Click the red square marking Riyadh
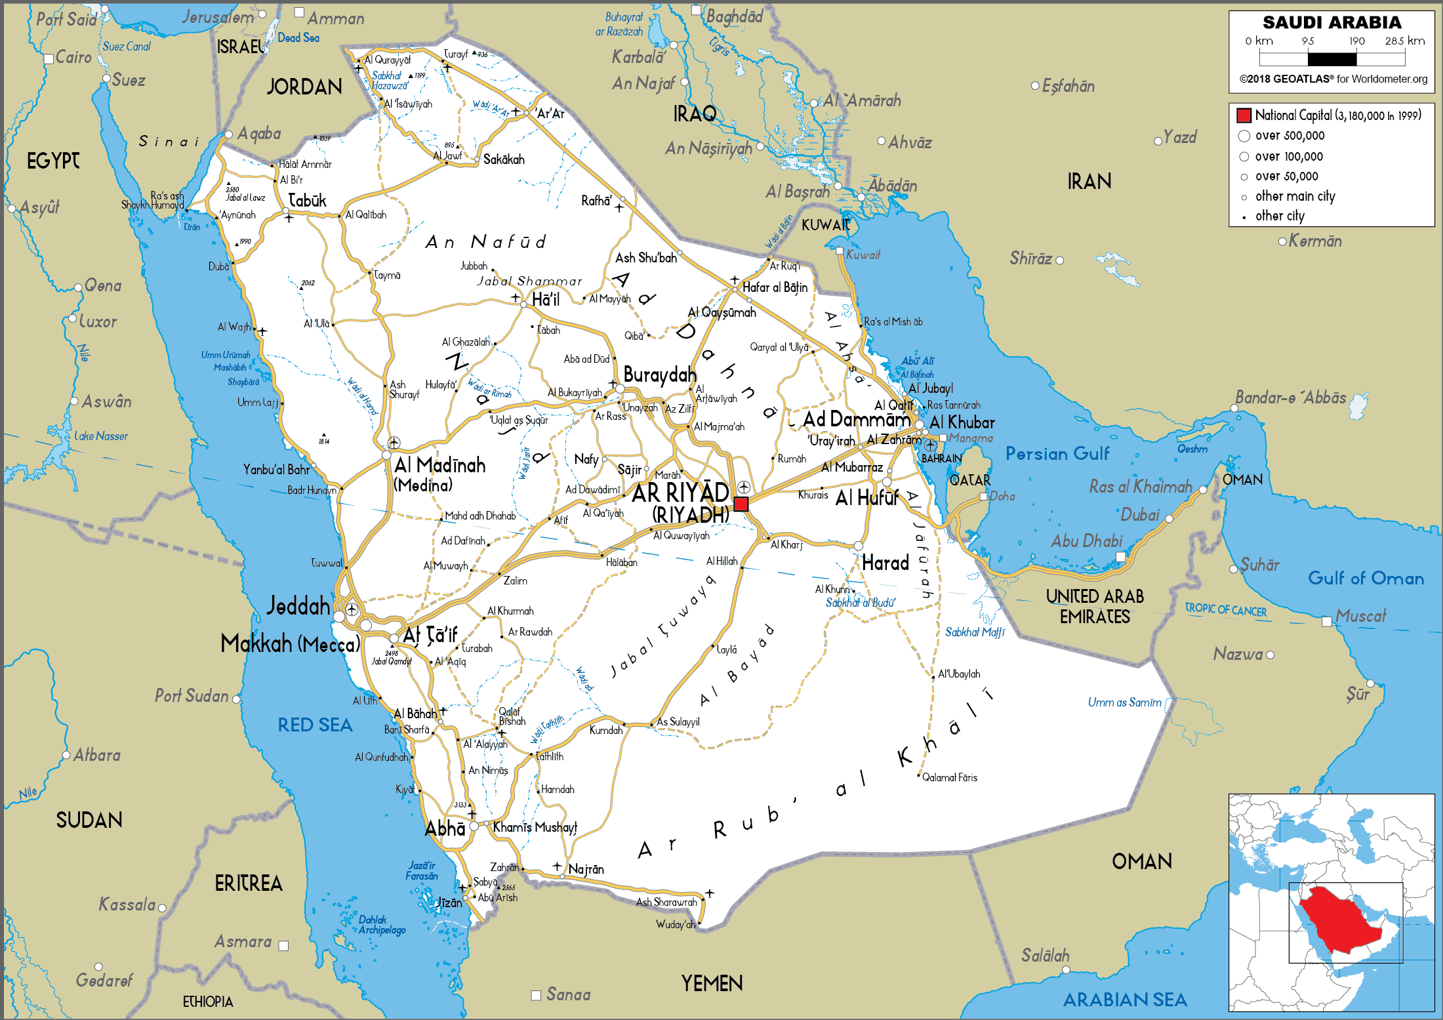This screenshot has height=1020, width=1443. point(741,504)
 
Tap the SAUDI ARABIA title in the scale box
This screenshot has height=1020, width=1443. point(1331,22)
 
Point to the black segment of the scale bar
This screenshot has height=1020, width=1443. point(1331,60)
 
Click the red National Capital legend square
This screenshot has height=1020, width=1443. point(1244,115)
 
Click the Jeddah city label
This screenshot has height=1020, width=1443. point(298,605)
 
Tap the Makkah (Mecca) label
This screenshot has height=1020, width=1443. point(290,644)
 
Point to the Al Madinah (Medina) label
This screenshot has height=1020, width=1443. point(439,474)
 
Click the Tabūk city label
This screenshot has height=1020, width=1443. point(307,201)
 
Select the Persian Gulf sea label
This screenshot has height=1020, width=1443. point(1057,453)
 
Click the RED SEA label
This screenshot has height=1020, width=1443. point(315,725)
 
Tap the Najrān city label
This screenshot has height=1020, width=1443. point(586,869)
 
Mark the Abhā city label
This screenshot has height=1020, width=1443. point(445,828)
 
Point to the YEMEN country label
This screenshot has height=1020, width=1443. point(712,983)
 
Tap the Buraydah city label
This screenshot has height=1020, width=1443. point(659,375)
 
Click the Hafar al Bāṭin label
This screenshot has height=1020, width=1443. point(775,287)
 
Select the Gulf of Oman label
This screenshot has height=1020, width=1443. point(1366,578)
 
